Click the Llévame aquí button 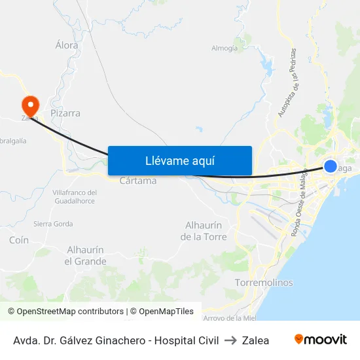pos(180,160)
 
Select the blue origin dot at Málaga pos(331,166)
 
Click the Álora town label pos(67,45)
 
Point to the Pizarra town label pos(65,113)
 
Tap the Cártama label pos(138,181)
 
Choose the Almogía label pos(225,48)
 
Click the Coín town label pos(19,240)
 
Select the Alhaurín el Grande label pos(85,255)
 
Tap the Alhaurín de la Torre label pos(204,230)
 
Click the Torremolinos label pos(263,283)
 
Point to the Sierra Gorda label pos(53,223)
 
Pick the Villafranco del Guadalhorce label pos(74,196)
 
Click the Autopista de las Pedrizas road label pos(287,82)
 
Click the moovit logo pos(321,340)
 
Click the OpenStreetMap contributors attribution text pos(65,312)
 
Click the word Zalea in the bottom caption pos(255,340)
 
